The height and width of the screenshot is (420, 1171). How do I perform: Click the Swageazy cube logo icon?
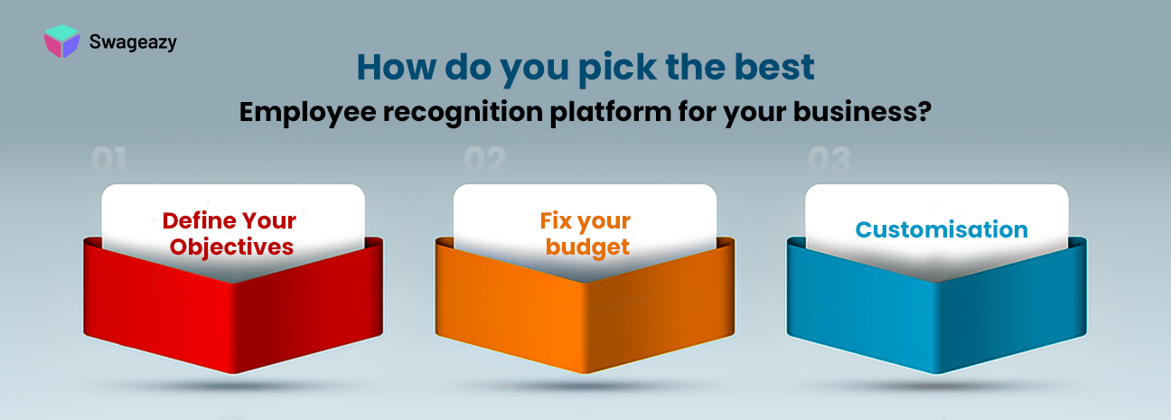coord(61,42)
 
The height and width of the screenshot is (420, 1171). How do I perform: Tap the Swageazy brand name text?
coord(133,42)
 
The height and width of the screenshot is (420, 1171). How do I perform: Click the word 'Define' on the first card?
coord(196,220)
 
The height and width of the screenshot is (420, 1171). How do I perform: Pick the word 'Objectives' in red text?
coord(233,247)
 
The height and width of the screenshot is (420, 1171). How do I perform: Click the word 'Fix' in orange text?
coord(558,221)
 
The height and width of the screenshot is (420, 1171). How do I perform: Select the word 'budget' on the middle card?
coord(586,247)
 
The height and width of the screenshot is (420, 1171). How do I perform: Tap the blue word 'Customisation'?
coord(941,229)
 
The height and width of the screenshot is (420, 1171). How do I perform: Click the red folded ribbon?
coord(233,307)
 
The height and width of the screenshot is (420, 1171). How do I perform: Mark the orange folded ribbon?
coord(585,307)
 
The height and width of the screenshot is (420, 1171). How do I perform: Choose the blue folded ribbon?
coord(937,307)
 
